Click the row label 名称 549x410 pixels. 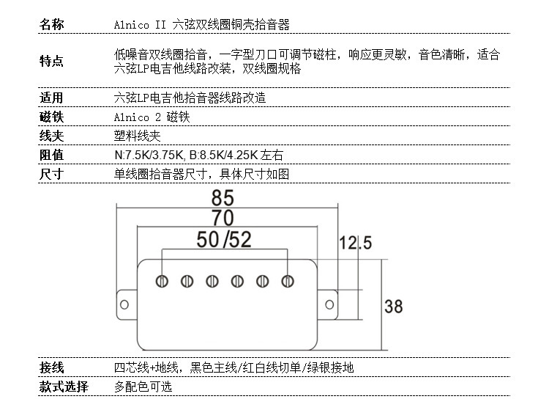[x=51, y=26]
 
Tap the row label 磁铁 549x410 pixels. [x=51, y=117]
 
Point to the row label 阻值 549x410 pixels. [x=51, y=155]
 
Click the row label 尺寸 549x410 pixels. [x=51, y=174]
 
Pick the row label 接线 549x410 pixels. [x=51, y=367]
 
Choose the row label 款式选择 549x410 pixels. [x=64, y=387]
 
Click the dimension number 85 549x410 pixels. [x=223, y=198]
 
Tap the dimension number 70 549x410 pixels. [x=223, y=218]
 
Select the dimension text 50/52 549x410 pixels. [x=224, y=239]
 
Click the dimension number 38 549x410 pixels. [x=393, y=306]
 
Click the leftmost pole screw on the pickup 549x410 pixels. [x=162, y=281]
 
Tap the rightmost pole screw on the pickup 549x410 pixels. [x=288, y=281]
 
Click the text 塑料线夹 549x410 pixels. [x=137, y=136]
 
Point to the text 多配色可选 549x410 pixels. [x=143, y=387]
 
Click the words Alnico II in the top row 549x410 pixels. [x=140, y=26]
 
